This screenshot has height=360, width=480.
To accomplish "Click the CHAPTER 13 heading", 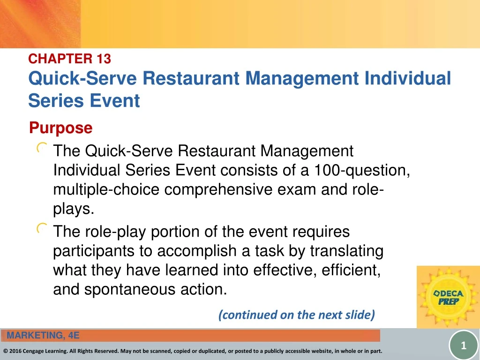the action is (69, 59).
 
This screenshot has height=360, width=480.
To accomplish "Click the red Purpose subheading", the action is (60, 127).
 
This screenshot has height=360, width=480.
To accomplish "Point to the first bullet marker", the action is (42, 148).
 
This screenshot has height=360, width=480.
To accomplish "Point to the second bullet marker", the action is (42, 228).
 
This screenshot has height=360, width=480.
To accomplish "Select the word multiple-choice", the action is (106, 190).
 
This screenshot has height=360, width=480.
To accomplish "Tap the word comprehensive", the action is (218, 190).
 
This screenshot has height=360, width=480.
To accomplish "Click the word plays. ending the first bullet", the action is (74, 210).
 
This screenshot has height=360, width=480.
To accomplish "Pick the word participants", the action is (94, 251).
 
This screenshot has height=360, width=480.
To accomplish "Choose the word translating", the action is (347, 251).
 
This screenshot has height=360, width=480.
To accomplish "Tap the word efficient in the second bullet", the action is (351, 270).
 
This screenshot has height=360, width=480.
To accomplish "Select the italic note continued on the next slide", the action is (297, 315).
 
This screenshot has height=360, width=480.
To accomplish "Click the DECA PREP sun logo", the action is (448, 297).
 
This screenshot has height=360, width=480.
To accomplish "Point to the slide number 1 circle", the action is (464, 345).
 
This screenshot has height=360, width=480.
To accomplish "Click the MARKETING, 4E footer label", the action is (43, 336).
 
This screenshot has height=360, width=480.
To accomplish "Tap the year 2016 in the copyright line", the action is (15, 351).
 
